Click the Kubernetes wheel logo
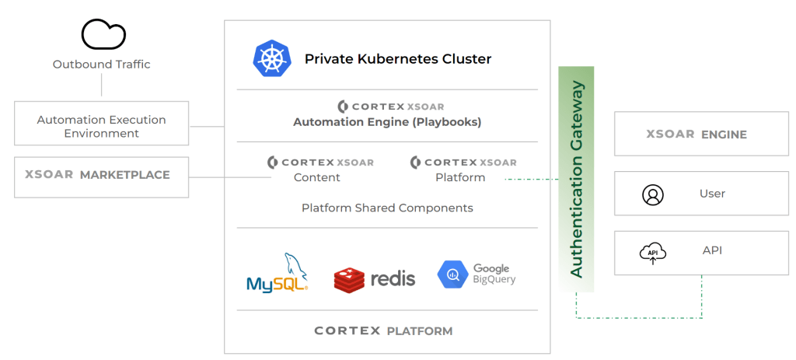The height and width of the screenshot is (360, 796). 271,59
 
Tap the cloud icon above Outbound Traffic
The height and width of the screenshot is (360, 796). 103,34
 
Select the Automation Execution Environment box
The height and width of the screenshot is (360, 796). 101,127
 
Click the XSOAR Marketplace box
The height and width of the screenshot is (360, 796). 101,176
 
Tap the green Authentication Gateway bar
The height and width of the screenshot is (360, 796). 576,179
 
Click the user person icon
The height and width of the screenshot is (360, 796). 653,194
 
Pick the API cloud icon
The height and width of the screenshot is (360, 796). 653,253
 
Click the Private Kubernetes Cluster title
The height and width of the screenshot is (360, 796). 397,59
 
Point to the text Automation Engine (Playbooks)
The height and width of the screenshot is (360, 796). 387,122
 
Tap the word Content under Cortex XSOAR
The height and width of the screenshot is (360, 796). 317,177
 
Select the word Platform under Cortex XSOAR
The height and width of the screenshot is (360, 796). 460,177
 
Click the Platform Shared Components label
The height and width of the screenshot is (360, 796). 387,208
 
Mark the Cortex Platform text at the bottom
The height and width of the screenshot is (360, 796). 383,331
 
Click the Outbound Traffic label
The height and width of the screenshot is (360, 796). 101,65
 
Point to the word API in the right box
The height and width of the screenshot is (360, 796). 712,250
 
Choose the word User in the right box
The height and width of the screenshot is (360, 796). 712,194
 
